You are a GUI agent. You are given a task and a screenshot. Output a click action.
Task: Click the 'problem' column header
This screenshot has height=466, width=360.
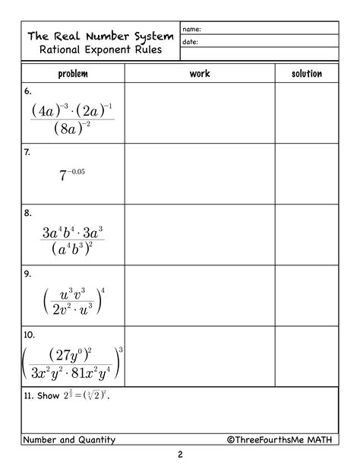[73, 74]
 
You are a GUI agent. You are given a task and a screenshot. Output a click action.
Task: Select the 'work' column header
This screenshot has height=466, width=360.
[200, 74]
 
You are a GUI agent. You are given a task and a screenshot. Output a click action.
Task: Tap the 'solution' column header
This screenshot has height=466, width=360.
[307, 74]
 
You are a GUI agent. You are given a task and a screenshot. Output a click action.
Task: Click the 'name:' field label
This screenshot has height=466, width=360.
[191, 29]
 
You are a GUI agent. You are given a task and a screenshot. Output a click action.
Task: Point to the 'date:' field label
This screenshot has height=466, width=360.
[190, 43]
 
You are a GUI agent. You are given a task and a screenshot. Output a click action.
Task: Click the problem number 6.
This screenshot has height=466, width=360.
[27, 90]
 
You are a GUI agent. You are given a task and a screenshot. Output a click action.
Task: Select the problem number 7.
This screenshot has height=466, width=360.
[27, 152]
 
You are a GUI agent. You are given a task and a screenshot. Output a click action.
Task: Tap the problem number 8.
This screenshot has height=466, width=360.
[27, 213]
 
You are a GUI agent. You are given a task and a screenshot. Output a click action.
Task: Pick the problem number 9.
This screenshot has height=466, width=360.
[27, 274]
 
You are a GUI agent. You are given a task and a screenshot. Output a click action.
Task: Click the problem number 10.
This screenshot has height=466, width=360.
[30, 334]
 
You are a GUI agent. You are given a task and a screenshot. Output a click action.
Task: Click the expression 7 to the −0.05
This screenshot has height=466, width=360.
[72, 175]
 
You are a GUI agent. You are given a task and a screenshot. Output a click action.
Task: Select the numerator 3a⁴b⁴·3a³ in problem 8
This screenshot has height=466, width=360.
[73, 231]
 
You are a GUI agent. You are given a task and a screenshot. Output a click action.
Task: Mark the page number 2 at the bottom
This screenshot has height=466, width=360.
[180, 455]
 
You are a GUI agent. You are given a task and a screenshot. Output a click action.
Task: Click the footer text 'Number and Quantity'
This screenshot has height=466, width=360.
[69, 439]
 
